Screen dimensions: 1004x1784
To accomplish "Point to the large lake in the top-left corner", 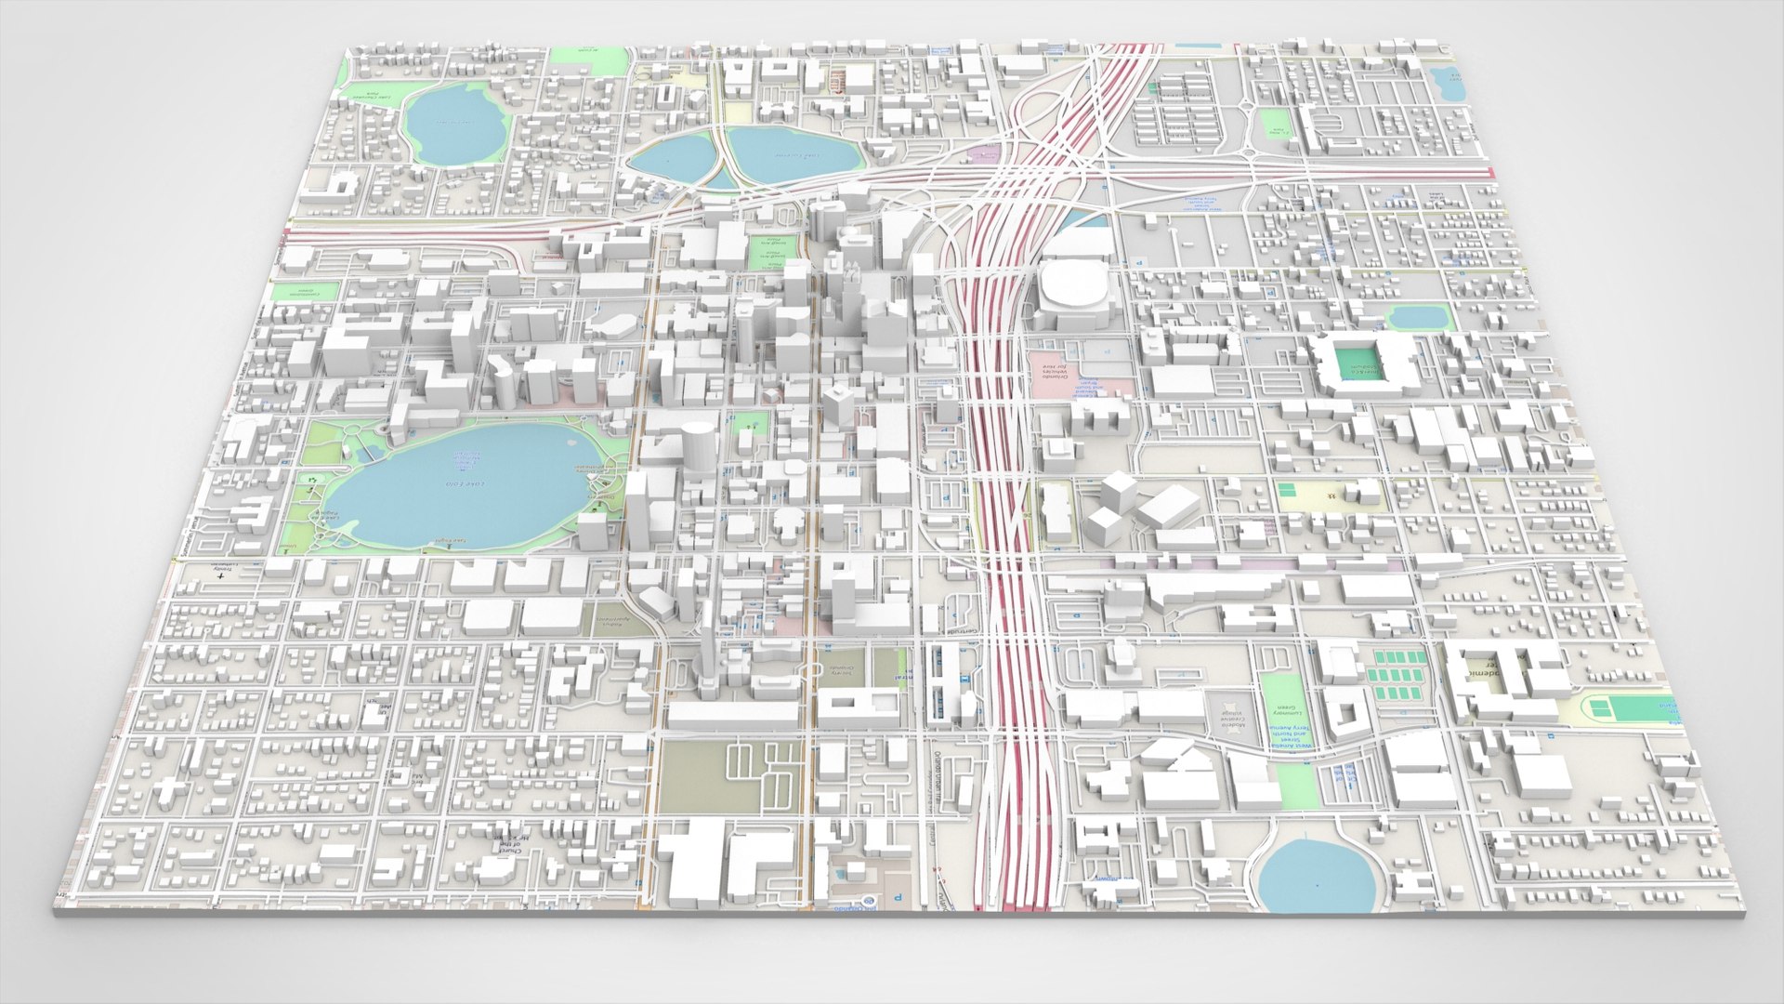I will pyautogui.click(x=453, y=125).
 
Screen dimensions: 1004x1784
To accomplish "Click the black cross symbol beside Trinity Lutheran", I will pyautogui.click(x=220, y=576).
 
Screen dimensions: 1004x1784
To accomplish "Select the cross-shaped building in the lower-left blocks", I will pyautogui.click(x=166, y=791).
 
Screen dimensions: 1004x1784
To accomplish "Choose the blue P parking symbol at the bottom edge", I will pyautogui.click(x=897, y=898).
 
